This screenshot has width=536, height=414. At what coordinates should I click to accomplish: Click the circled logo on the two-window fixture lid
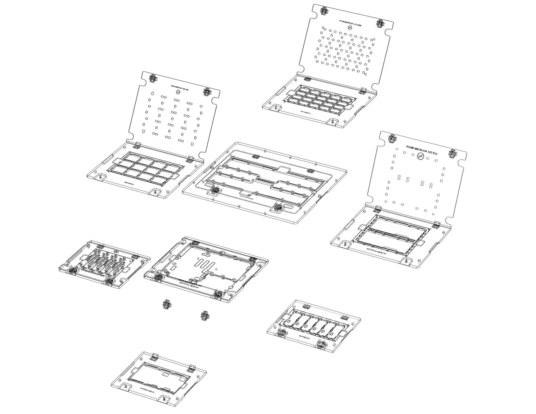pos(421,156)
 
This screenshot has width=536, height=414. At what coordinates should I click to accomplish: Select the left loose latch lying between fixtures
pos(166,305)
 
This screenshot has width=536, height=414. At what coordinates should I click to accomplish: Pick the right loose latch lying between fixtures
pos(205,315)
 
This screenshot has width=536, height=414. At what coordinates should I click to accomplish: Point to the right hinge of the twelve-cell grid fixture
pos(191,158)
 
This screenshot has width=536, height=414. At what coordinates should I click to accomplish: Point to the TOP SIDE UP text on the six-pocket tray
pos(304,338)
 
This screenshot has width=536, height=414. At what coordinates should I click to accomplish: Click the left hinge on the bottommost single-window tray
pos(156,357)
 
